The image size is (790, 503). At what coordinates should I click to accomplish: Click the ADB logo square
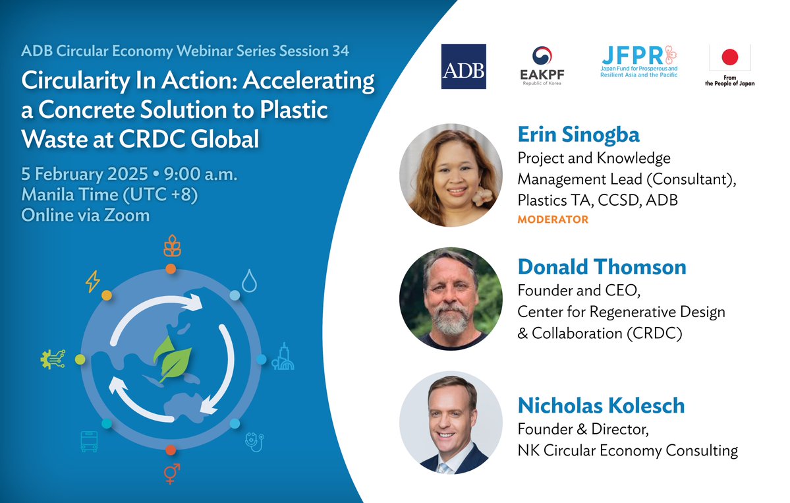click(463, 67)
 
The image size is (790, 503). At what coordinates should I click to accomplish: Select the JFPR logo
click(639, 61)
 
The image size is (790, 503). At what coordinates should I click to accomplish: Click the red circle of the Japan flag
click(729, 57)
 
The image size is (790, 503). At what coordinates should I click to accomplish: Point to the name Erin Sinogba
click(578, 134)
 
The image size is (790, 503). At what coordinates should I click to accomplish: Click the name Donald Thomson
click(602, 267)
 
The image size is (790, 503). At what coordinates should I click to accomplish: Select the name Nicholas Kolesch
click(601, 405)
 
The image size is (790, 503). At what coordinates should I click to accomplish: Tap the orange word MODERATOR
click(553, 220)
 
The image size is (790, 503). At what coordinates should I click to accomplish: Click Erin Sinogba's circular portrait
click(451, 175)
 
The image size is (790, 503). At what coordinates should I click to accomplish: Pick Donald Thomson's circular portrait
click(451, 299)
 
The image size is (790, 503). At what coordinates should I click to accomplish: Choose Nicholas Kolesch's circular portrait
click(451, 423)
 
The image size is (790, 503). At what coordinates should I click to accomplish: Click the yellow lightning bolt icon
click(93, 281)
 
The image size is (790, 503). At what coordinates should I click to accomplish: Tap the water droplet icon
click(250, 281)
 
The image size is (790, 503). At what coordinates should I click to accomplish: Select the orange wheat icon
click(172, 245)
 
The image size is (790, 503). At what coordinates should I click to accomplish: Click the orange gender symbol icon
click(172, 473)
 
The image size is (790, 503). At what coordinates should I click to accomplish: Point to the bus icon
click(89, 442)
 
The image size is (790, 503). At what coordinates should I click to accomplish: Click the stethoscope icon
click(254, 442)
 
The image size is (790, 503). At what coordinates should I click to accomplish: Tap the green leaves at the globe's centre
click(173, 358)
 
